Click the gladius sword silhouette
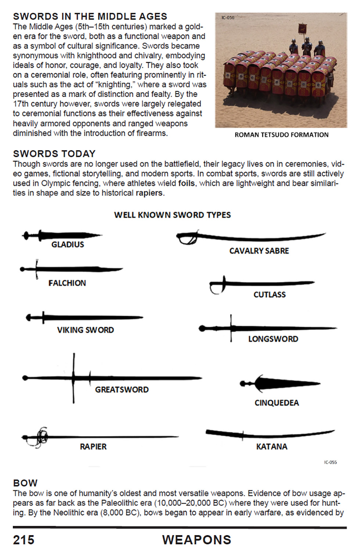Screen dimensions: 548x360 62,235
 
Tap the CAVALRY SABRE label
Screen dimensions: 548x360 259,251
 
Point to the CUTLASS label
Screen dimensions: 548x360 269,294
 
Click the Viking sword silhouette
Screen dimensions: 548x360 84,317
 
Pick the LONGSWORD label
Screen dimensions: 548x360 273,339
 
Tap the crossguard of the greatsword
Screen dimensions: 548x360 74,378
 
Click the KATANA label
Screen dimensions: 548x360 271,447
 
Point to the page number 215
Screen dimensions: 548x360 24,540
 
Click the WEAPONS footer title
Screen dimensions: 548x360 197,540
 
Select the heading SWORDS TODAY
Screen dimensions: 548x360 54,154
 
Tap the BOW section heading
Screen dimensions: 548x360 25,483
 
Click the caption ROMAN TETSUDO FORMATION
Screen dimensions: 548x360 281,135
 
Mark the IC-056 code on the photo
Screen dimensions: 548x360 228,18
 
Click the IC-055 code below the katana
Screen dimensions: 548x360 330,462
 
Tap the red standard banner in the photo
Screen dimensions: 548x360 302,29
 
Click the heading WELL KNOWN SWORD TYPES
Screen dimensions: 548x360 172,215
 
